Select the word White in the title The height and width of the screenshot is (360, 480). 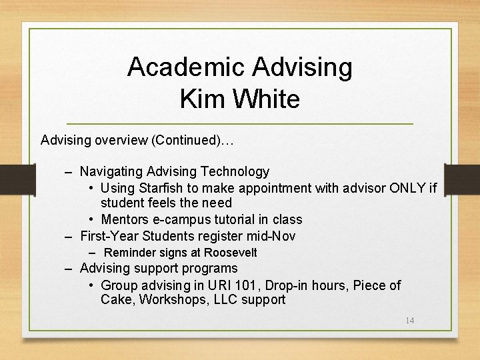click(265, 99)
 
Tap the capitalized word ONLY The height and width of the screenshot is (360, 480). click(404, 188)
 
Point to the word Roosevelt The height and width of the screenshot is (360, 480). click(231, 253)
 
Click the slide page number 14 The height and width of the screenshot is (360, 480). click(410, 321)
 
